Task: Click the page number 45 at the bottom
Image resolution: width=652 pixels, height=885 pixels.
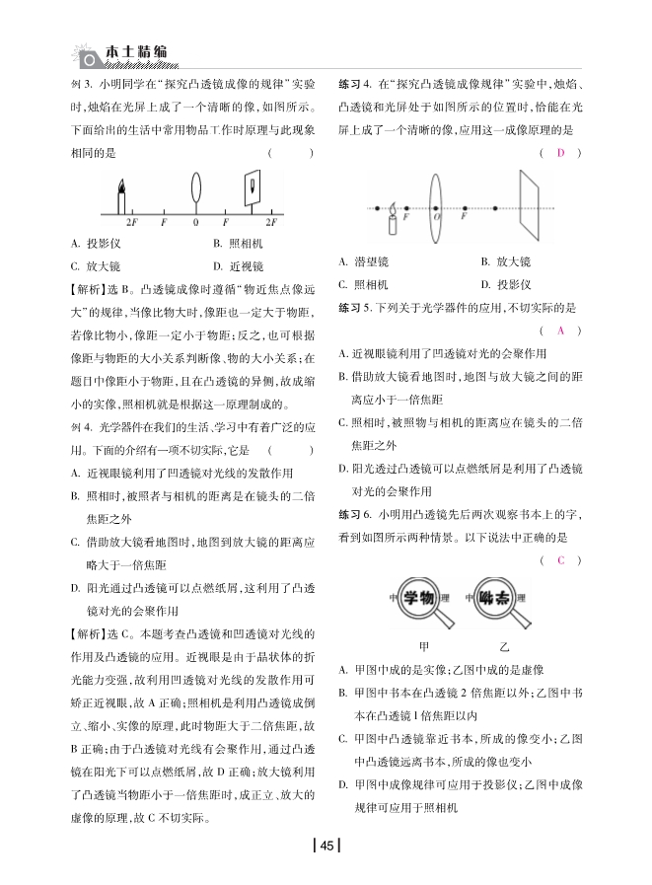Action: click(x=326, y=845)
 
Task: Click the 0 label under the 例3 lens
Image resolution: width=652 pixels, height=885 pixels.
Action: click(x=196, y=224)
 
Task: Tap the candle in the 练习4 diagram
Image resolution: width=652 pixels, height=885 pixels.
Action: click(x=391, y=218)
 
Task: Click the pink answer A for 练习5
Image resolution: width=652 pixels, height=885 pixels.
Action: click(x=560, y=331)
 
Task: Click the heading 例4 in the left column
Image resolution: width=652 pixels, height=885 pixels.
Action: click(x=82, y=425)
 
